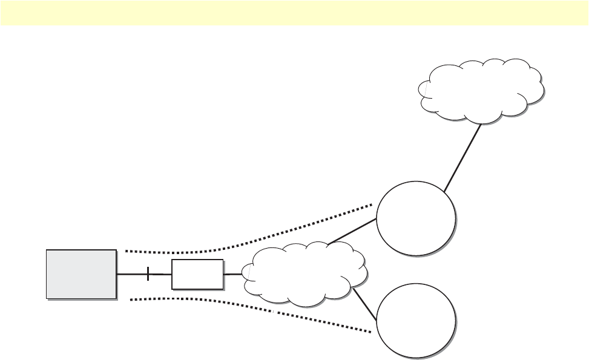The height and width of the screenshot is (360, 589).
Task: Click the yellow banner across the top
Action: pos(294,13)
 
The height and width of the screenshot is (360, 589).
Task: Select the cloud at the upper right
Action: pos(481,89)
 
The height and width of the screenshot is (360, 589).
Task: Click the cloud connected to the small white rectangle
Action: pos(306,275)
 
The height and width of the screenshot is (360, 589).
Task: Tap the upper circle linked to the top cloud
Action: pos(416,218)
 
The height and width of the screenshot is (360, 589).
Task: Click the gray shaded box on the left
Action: pos(81,273)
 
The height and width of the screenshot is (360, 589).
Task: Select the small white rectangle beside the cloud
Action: pos(197,274)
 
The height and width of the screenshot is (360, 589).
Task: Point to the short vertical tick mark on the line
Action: pos(148,274)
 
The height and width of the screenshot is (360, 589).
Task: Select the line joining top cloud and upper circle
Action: pos(463,157)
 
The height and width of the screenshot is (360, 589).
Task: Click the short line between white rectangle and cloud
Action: pos(233,274)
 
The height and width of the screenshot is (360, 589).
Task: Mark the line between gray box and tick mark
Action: pos(131,274)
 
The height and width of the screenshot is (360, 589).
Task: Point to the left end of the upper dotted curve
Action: pos(126,250)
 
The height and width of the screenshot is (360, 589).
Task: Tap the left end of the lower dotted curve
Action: pos(131,298)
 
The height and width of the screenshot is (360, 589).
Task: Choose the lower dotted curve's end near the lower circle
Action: pos(370,332)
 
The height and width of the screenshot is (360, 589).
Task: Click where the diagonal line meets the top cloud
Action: pos(482,124)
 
